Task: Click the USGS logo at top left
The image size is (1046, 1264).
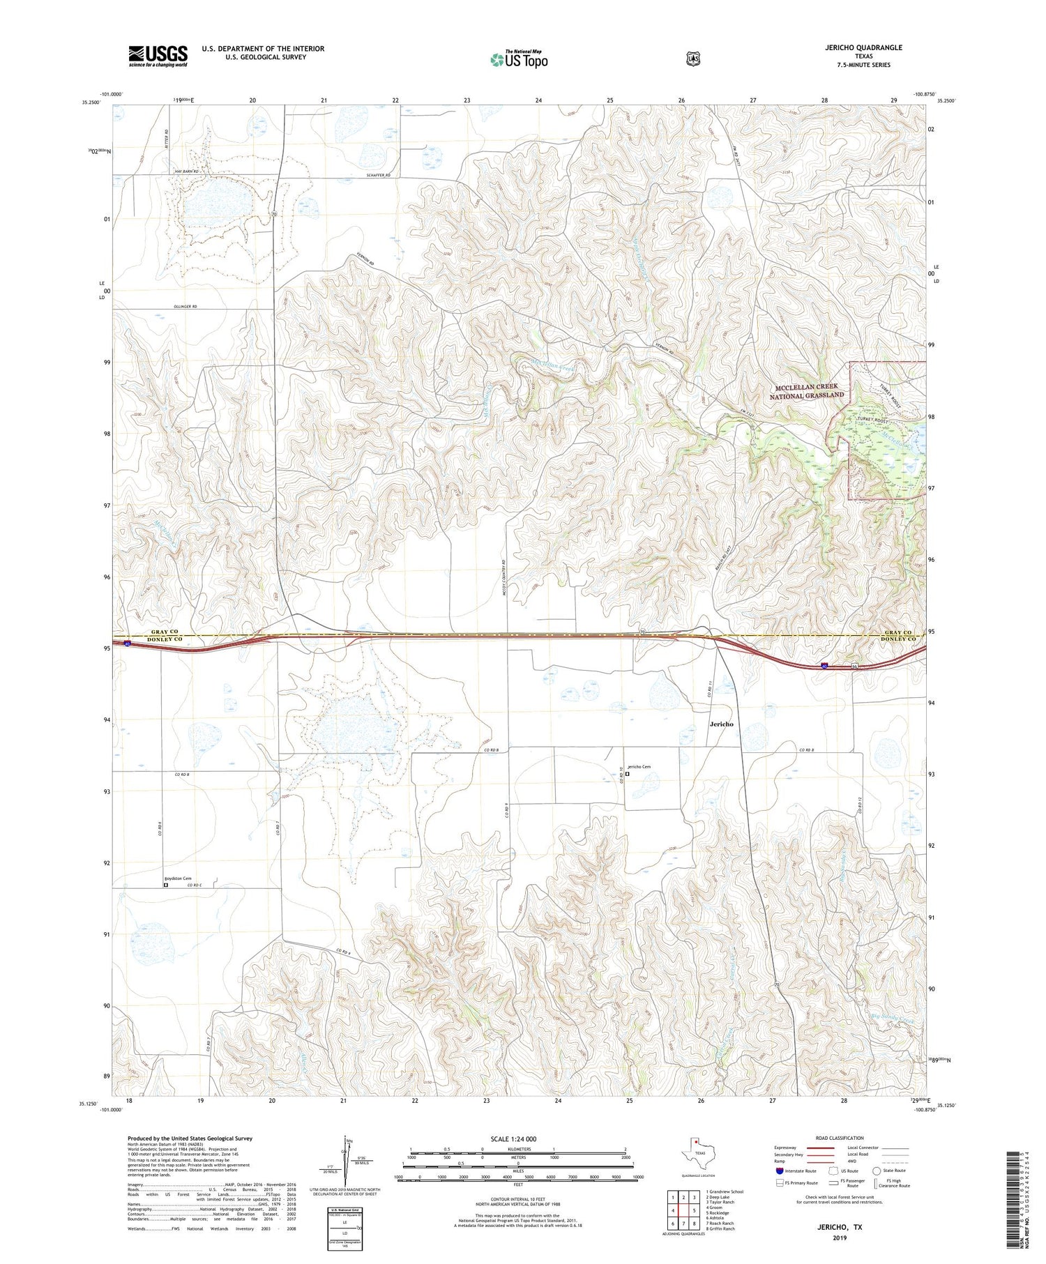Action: (x=158, y=56)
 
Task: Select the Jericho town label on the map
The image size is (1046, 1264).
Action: (x=721, y=724)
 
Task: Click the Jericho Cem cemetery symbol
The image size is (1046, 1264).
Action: (x=627, y=773)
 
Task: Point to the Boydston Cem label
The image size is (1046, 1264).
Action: (x=177, y=878)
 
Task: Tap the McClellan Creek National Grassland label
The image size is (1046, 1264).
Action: (x=807, y=391)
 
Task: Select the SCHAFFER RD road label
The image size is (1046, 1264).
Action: (x=379, y=175)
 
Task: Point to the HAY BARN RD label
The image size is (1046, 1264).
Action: (x=183, y=172)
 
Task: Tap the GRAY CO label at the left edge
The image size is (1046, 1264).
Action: (x=165, y=632)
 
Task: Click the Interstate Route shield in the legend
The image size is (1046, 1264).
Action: (x=779, y=1171)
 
